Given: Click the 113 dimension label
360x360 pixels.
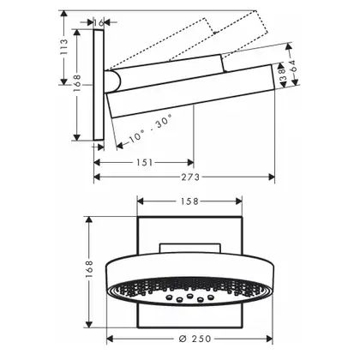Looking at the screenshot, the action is pyautogui.click(x=64, y=47).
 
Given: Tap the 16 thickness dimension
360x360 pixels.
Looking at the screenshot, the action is pyautogui.click(x=99, y=22).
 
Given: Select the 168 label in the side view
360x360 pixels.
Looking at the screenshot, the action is pyautogui.click(x=76, y=83).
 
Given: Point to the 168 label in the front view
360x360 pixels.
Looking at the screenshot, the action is pyautogui.click(x=89, y=269).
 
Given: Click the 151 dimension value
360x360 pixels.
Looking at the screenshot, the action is pyautogui.click(x=144, y=163).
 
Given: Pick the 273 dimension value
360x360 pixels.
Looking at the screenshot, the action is pyautogui.click(x=190, y=177).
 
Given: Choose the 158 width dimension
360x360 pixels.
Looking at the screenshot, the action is pyautogui.click(x=189, y=201).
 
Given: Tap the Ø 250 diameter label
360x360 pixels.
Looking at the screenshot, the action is pyautogui.click(x=195, y=339).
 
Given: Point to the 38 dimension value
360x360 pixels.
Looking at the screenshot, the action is pyautogui.click(x=282, y=74).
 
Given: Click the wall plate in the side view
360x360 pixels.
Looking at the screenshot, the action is pyautogui.click(x=99, y=85).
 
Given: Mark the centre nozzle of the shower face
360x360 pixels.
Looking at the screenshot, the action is pyautogui.click(x=189, y=296).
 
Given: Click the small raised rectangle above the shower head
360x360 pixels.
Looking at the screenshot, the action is pyautogui.click(x=190, y=249).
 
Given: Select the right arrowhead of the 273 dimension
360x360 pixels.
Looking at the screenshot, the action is pyautogui.click(x=272, y=177).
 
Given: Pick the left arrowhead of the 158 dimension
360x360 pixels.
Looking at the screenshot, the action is pyautogui.click(x=141, y=201).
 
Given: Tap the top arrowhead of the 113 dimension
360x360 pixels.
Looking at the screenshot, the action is pyautogui.click(x=64, y=14).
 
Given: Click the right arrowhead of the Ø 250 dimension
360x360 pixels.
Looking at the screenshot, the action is pyautogui.click(x=269, y=339).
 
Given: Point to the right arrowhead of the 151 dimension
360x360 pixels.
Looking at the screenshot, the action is pyautogui.click(x=190, y=163).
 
